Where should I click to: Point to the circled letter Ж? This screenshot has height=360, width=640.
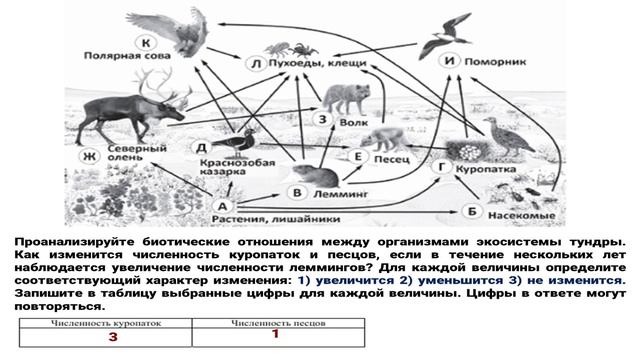(x=89, y=156)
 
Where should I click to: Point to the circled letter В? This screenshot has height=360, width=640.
(x=296, y=191)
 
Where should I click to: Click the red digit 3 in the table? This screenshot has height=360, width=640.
(x=113, y=338)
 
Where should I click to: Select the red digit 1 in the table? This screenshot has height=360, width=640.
(x=273, y=334)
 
